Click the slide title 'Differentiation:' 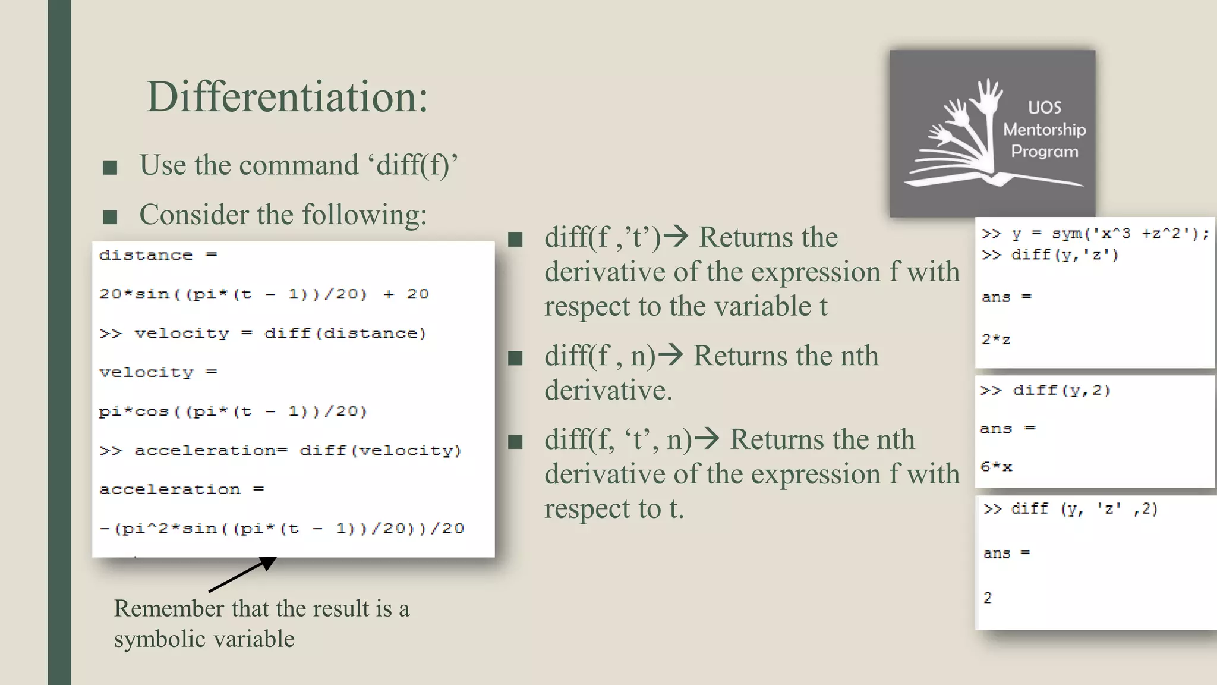(x=287, y=97)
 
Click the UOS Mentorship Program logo (x=992, y=133)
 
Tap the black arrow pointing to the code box (x=243, y=574)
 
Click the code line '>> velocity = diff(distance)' (x=263, y=334)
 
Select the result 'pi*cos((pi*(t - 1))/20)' (x=233, y=411)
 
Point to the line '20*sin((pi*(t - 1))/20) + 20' (x=264, y=294)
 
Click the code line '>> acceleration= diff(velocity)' (x=280, y=451)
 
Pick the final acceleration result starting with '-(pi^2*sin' (x=282, y=529)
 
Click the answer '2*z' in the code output (x=996, y=340)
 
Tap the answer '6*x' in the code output (x=997, y=467)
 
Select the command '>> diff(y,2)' (x=1045, y=391)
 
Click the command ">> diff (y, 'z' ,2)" (x=1070, y=509)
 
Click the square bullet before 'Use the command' (x=110, y=168)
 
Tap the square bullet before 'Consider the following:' (x=110, y=217)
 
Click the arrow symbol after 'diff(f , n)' (x=671, y=355)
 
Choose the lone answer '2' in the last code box (x=988, y=598)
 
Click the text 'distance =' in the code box (x=158, y=256)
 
